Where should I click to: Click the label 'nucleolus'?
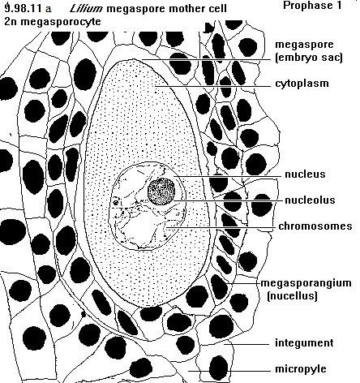coord(310,200)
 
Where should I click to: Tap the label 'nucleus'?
coord(305,174)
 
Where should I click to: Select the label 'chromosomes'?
coord(315,226)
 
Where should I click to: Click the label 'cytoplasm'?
coord(302,84)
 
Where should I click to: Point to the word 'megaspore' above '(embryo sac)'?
coord(304,45)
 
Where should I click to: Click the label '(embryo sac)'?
coord(309,58)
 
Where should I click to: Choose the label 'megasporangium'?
coord(306,283)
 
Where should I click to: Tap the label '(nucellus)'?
coord(292,295)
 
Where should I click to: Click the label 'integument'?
coord(304,343)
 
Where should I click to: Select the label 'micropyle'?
coord(301,369)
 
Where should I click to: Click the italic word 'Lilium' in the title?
coord(86,9)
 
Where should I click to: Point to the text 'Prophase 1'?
coord(312,6)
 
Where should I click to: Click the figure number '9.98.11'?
coord(24,9)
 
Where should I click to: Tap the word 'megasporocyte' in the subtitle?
coord(61,22)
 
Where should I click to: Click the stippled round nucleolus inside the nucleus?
coord(161,191)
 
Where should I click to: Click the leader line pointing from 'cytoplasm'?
coord(212,86)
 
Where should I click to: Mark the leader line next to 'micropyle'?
coord(229,371)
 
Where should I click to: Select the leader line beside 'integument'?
coord(246,344)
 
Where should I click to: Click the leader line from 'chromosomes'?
coord(221,228)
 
